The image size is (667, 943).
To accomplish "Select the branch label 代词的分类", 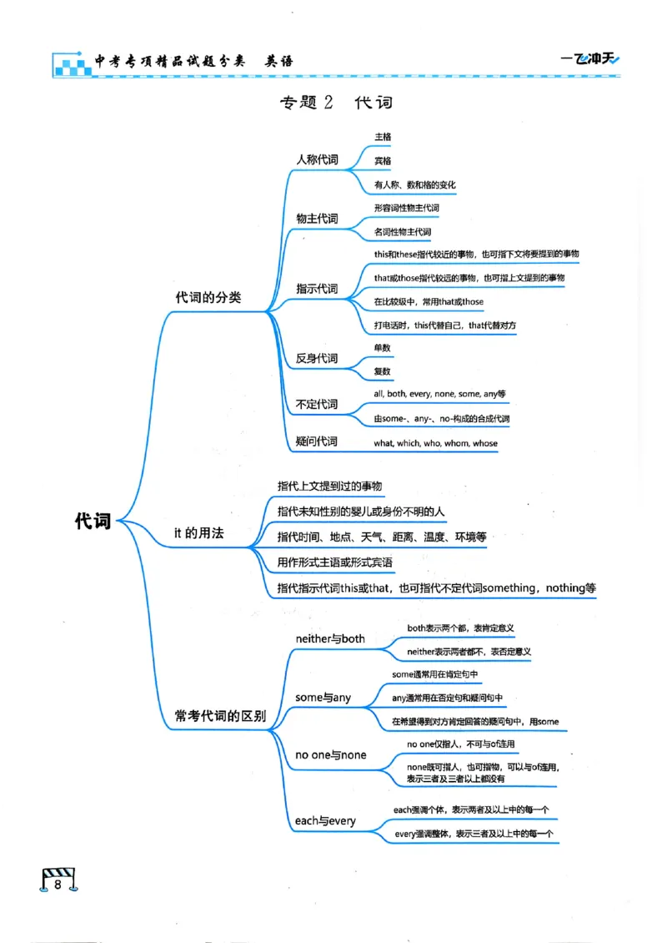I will coord(208,297).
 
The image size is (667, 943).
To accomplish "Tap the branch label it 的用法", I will coord(198,532).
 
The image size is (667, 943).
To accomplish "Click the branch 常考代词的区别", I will coord(220,716).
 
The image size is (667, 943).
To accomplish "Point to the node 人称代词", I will coord(317,159).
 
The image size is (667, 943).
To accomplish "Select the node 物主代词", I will coord(317,219).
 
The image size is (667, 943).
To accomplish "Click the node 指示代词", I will coord(317,289).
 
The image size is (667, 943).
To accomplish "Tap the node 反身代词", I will coord(317,359).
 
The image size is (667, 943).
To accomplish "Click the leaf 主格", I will coord(383,135).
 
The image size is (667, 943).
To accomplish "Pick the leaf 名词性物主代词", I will coord(403,232).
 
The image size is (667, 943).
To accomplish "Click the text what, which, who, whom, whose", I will coord(435,443).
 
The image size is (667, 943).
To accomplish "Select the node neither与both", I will coord(330,638).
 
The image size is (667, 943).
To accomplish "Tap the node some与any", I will coord(323,697).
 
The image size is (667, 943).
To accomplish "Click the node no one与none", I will coord(330,755).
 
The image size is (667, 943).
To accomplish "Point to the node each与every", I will coord(325,821).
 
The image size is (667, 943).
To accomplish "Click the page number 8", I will coord(58,885).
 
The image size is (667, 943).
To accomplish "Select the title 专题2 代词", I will coord(335,103).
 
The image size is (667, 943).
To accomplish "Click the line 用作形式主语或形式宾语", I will coord(335,562).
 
